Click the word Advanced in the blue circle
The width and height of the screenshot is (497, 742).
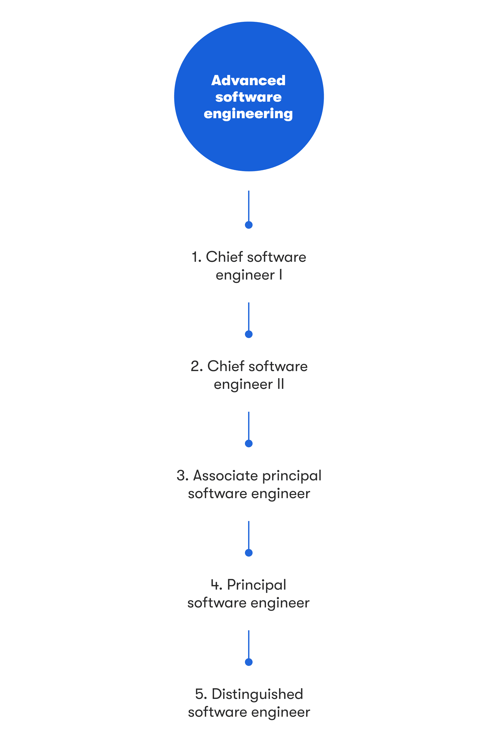248,80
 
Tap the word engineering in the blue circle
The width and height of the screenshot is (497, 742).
248,114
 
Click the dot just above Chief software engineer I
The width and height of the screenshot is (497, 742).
249,225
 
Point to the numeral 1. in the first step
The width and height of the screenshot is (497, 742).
197,257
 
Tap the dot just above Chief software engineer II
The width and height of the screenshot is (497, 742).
249,334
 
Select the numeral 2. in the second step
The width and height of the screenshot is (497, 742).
197,366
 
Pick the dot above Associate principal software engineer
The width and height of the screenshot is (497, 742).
249,444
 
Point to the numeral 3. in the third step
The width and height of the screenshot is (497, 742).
183,476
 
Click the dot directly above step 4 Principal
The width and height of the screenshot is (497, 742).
249,553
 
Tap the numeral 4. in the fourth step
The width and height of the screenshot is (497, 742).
217,585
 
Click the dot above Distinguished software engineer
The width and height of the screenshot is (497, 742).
249,662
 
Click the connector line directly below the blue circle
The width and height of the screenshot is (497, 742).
249,206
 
